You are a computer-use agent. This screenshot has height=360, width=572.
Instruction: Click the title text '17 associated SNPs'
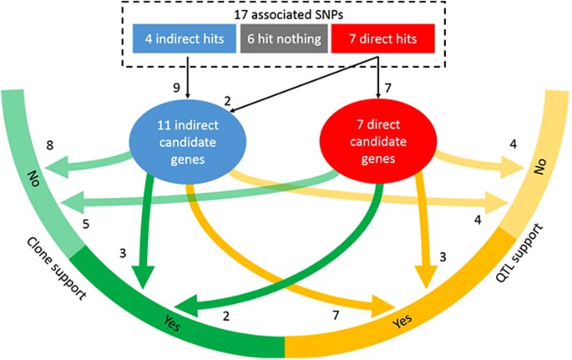(286, 15)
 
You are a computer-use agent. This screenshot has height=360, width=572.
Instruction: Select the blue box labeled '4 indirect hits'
(184, 38)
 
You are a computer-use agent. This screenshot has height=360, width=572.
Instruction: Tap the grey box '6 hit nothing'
(286, 38)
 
